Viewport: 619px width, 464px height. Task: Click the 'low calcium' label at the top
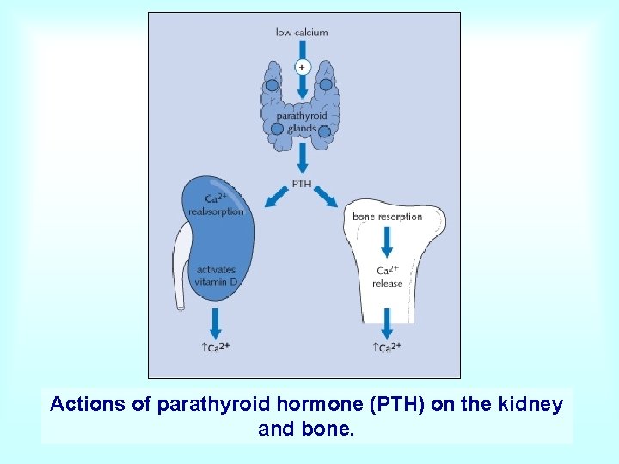point(301,33)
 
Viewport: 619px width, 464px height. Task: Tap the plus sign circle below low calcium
point(302,66)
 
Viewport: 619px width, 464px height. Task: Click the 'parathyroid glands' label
point(302,122)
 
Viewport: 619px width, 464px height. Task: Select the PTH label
point(302,184)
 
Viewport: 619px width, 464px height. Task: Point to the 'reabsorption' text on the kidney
point(216,211)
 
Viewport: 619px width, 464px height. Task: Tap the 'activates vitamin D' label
point(215,276)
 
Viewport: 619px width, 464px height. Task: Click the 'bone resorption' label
point(387,217)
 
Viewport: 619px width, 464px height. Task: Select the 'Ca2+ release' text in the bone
point(387,277)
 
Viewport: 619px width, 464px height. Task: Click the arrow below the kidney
point(216,322)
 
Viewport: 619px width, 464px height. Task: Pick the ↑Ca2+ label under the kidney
point(216,347)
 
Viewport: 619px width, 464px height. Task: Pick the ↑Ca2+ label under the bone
point(387,347)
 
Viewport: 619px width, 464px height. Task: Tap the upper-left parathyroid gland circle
point(272,85)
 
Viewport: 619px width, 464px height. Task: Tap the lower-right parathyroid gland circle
point(324,131)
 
